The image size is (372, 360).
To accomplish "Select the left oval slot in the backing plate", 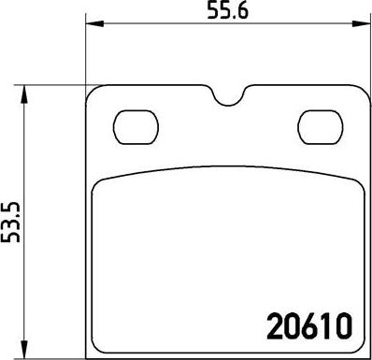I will [133, 123].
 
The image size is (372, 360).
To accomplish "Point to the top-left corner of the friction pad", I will [96, 183].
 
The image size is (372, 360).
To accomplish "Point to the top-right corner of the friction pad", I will [352, 183].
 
